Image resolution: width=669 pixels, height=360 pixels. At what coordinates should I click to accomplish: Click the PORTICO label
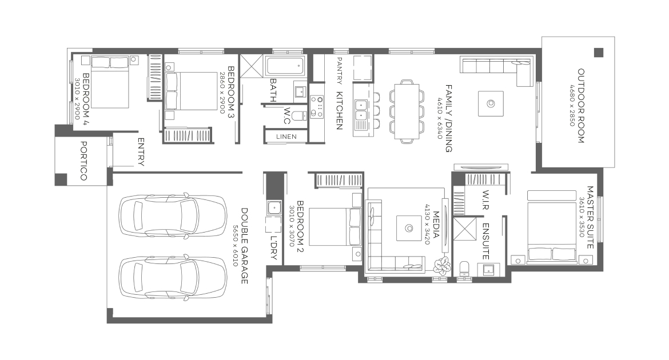click(x=83, y=161)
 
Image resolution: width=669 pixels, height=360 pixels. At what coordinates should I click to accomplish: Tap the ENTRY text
click(x=141, y=152)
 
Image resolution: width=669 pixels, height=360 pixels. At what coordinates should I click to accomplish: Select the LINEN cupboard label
click(x=286, y=137)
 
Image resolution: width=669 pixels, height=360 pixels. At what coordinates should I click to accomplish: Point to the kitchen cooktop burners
click(x=317, y=106)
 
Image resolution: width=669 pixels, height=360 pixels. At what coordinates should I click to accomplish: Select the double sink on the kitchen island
click(x=361, y=109)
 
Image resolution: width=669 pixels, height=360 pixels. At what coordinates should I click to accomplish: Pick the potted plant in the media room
click(x=442, y=265)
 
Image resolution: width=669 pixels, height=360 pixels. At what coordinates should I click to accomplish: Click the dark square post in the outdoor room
click(x=599, y=53)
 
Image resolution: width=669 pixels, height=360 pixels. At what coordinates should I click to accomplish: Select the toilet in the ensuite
click(x=463, y=269)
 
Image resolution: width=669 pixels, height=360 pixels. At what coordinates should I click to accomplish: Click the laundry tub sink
click(x=273, y=208)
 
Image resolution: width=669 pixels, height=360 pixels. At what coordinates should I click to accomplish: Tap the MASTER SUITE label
click(x=591, y=217)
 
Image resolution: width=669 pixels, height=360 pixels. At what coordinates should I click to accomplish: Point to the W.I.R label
click(x=485, y=200)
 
